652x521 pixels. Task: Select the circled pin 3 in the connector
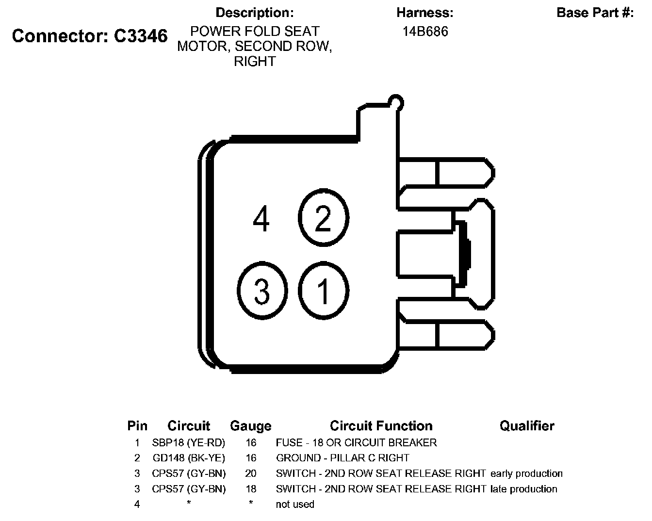coord(262,291)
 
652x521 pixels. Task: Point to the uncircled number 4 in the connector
coord(261,219)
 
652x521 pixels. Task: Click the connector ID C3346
coord(141,35)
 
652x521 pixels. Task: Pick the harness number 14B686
coord(425,32)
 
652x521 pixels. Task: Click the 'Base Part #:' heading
coord(595,13)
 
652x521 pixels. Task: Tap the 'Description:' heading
coord(255,13)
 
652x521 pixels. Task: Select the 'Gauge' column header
coord(250,426)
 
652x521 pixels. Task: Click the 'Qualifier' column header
coord(527,425)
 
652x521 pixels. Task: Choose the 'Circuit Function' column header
coord(381,425)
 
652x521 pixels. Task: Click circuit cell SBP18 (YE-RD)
coord(189,442)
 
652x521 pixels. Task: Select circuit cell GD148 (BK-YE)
coord(189,458)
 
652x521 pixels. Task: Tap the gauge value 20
coord(251,473)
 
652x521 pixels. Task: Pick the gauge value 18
coord(251,489)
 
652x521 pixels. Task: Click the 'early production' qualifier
coord(526,473)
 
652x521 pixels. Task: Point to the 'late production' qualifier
coord(523,489)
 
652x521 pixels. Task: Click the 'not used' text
coord(295,505)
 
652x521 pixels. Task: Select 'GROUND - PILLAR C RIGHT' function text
coord(342,458)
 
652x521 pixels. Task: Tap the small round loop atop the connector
coord(396,102)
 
